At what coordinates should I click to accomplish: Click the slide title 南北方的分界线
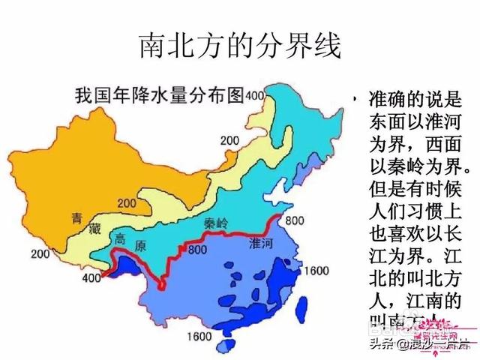click(x=240, y=46)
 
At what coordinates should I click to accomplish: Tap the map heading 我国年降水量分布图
click(x=160, y=95)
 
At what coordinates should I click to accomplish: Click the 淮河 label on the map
click(x=263, y=242)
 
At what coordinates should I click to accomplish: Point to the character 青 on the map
click(x=76, y=218)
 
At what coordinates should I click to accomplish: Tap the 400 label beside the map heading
click(x=256, y=95)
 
